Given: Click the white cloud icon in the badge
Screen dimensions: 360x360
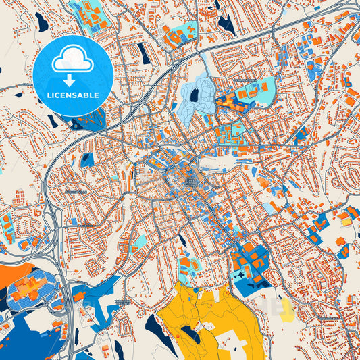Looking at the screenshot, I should pos(72,60).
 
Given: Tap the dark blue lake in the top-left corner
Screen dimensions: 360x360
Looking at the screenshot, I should pos(43,23).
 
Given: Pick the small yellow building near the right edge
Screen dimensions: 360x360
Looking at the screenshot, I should pos(346,220).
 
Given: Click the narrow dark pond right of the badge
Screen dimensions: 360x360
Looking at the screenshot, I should pos(144,53).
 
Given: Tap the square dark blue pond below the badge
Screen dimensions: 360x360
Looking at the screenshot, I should pos(87,160).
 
